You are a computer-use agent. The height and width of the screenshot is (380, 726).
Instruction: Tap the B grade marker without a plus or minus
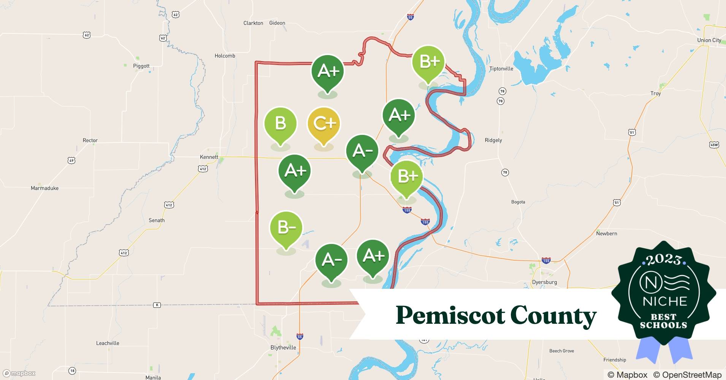point(280,123)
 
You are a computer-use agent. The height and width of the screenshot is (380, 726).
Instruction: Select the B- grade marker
point(286,228)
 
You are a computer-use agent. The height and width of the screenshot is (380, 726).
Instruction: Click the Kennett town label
point(209,157)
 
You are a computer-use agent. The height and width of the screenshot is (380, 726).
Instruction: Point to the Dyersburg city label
point(544,282)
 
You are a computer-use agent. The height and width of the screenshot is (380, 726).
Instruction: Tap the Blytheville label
point(283,347)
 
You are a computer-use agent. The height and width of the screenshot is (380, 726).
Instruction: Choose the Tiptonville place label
point(501,69)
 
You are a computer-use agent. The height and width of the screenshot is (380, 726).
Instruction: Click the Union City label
point(709,40)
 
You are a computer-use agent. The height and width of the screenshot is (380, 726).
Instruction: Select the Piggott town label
point(141,66)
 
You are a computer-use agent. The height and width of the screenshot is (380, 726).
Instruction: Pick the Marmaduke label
point(44,188)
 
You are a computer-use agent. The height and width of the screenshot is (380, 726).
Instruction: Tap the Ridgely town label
point(493,140)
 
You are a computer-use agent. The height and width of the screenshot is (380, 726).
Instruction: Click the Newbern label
point(606,233)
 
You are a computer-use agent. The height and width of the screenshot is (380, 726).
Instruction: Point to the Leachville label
point(108,343)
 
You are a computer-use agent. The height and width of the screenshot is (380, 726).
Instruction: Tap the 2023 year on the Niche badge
point(663,260)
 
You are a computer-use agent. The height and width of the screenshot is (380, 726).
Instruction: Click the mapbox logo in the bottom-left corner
point(19,373)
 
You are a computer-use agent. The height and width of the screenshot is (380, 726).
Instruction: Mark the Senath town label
point(157,220)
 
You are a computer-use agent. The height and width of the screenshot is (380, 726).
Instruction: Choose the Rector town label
point(90,140)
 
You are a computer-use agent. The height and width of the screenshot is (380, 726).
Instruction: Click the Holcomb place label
point(225,56)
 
